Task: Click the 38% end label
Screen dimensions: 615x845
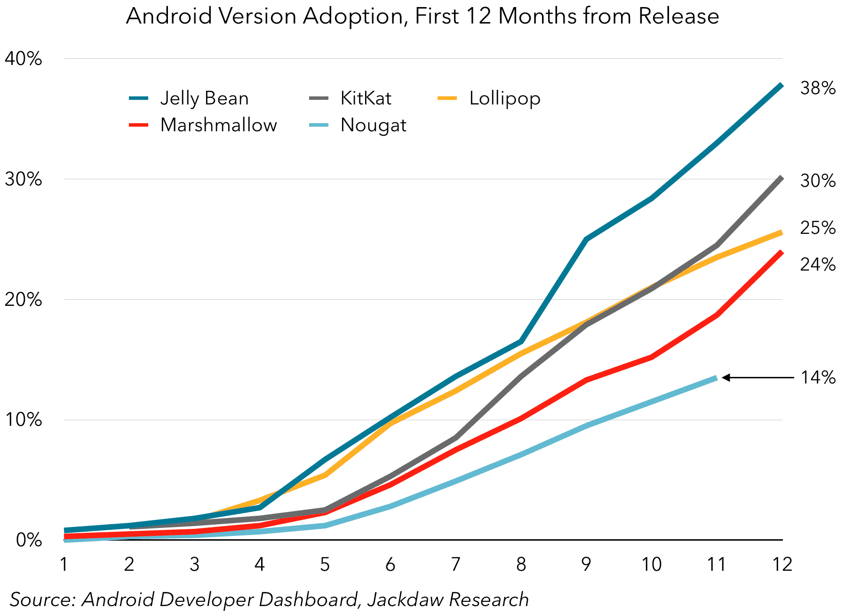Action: point(818,88)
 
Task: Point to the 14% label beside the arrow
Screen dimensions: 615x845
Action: point(818,377)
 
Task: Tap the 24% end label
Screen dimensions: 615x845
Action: point(818,264)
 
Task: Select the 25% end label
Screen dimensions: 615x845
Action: point(818,228)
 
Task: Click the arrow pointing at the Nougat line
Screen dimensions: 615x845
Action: point(757,377)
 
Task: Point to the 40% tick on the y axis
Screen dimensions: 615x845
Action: point(23,59)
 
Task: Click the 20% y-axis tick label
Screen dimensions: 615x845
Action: point(23,300)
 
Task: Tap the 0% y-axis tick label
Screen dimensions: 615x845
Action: point(28,540)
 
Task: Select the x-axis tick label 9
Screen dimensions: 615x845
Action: point(586,564)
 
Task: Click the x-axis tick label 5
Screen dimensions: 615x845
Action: point(325,564)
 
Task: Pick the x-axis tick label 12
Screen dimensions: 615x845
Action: point(782,564)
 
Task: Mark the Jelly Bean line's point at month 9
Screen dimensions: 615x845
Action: point(586,239)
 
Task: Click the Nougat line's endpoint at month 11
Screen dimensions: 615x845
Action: point(716,378)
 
